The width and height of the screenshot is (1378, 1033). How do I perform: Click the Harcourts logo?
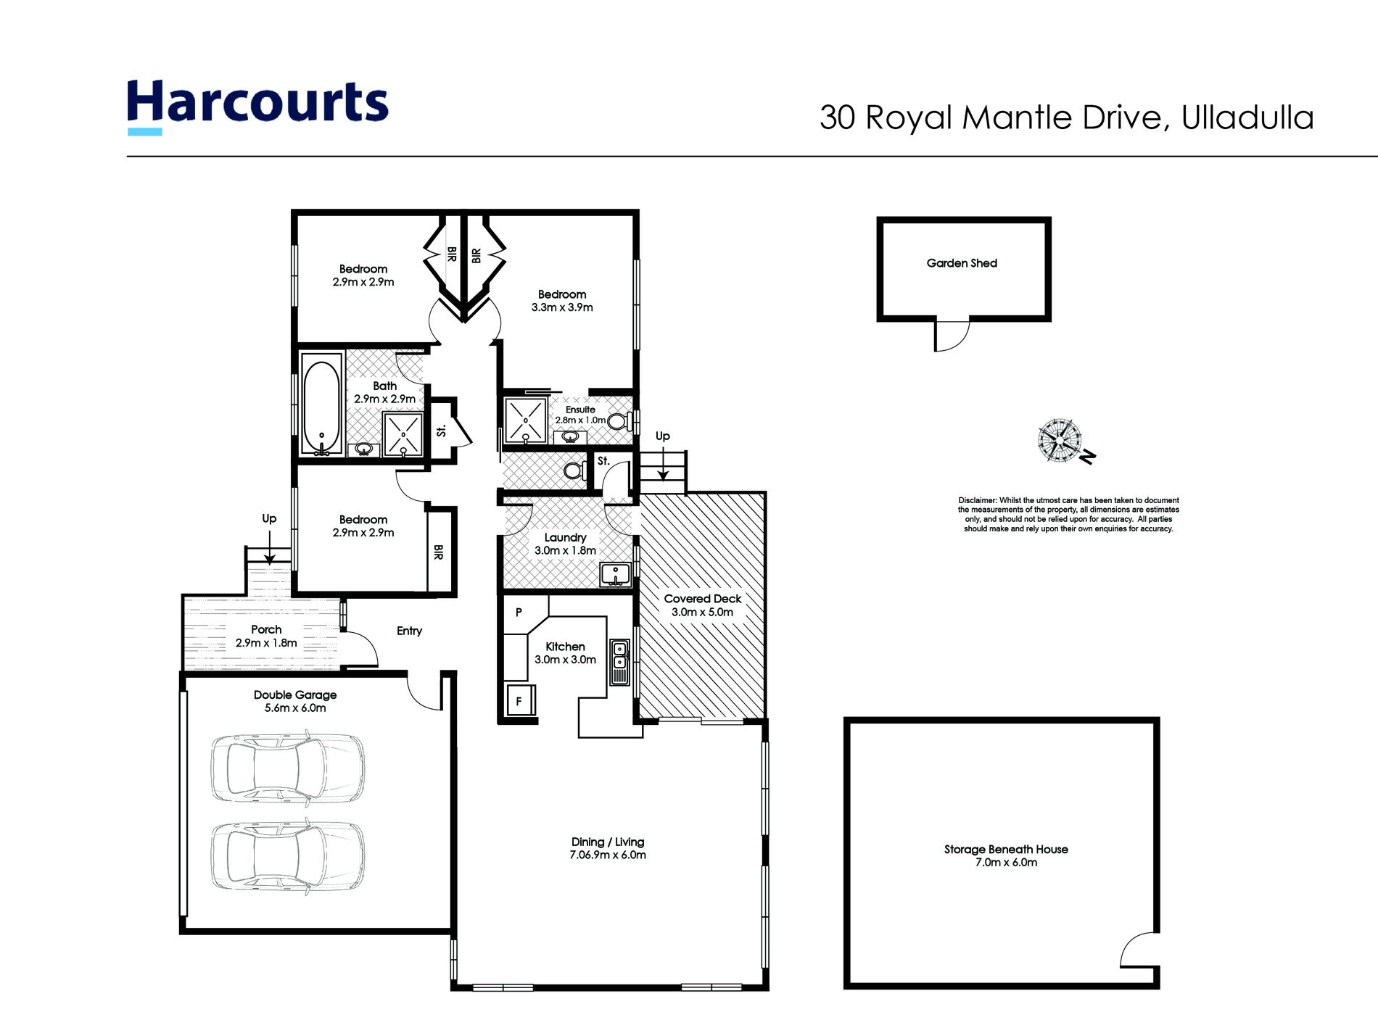257,106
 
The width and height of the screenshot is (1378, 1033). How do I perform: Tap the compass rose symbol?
1060,440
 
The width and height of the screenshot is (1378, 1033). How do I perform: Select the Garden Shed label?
962,263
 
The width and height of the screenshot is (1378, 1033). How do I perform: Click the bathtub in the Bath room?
321,404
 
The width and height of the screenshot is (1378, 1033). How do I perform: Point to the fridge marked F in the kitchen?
520,700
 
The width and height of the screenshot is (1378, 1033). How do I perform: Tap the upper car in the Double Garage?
288,768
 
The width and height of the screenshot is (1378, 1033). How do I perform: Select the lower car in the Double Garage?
288,856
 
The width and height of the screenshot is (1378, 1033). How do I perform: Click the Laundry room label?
565,538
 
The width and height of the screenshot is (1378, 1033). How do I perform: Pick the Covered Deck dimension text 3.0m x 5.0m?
702,612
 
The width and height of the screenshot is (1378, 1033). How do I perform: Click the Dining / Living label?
608,842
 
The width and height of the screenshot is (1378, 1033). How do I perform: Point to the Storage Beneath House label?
1006,850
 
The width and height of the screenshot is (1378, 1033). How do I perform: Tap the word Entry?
409,631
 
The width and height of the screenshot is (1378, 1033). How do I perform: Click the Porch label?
266,630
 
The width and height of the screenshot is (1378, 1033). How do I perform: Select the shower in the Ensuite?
525,420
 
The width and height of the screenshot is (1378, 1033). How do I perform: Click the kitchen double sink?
619,661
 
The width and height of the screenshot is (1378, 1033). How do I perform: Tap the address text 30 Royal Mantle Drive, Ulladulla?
1067,117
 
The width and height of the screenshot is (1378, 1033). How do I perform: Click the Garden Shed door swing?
952,336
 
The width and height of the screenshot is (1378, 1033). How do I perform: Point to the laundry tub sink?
615,574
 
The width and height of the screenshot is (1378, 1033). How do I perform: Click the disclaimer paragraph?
1068,515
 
